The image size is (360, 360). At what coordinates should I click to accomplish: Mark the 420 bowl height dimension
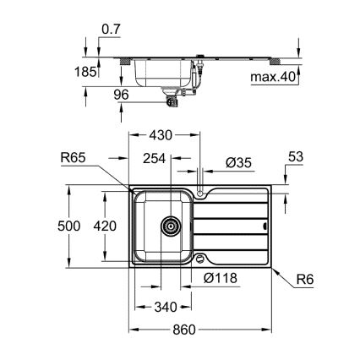104,227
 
